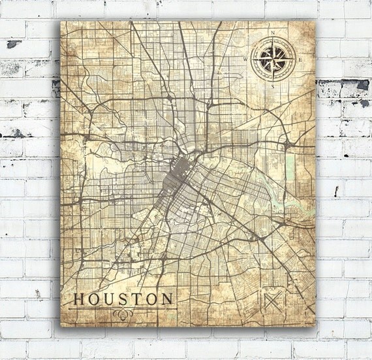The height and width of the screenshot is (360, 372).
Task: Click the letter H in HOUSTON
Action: (x=79, y=299)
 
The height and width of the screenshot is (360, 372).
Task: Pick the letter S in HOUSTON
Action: (x=124, y=299)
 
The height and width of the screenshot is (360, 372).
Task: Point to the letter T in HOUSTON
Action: (x=137, y=299)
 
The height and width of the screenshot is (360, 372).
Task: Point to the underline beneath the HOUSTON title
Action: (x=121, y=307)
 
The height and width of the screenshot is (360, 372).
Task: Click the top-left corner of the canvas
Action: (x=61, y=20)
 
